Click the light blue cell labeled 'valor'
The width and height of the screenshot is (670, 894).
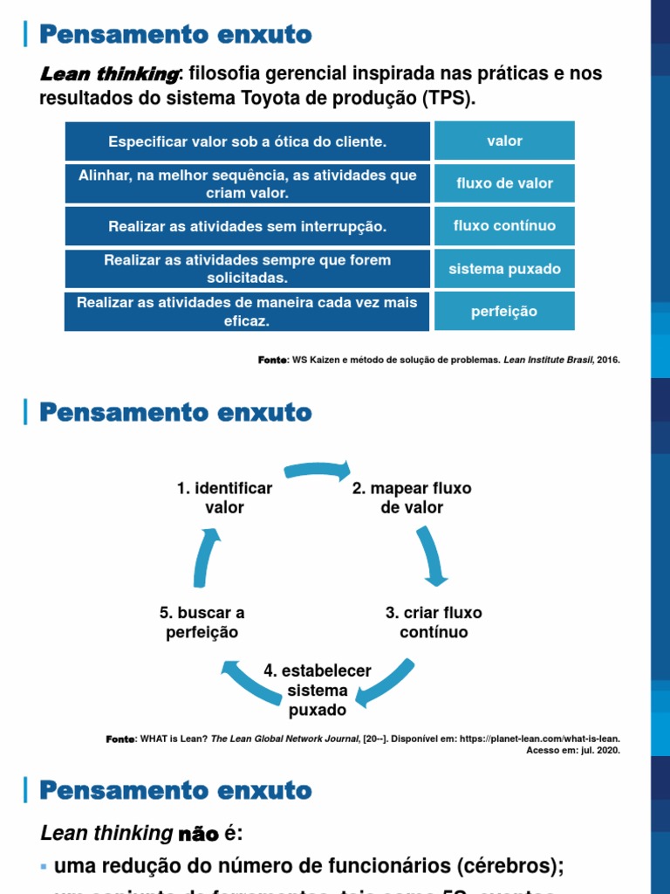coord(504,141)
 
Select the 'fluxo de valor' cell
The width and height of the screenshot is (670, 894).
coord(504,183)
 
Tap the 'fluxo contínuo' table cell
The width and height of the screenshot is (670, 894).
coord(504,226)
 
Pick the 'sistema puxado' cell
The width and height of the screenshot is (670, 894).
coord(504,269)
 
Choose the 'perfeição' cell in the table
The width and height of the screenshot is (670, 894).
coord(504,312)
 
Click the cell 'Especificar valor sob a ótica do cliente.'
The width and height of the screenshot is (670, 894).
coord(247,141)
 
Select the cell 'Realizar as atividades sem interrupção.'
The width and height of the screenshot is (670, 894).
coord(247,227)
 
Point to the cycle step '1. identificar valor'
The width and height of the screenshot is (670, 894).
coord(224,498)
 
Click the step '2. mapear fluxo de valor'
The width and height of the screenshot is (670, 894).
coord(412,498)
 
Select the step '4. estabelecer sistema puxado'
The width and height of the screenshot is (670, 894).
coord(318,690)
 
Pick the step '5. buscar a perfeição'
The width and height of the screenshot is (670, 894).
coord(202,622)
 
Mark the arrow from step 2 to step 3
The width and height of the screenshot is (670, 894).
coord(431,555)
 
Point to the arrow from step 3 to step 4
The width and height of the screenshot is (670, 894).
coord(385,682)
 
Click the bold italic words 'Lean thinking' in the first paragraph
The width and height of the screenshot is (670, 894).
coord(109,73)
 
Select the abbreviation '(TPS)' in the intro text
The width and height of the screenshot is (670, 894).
coord(448,98)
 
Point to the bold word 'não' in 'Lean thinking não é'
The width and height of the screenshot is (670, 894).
coord(197,834)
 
